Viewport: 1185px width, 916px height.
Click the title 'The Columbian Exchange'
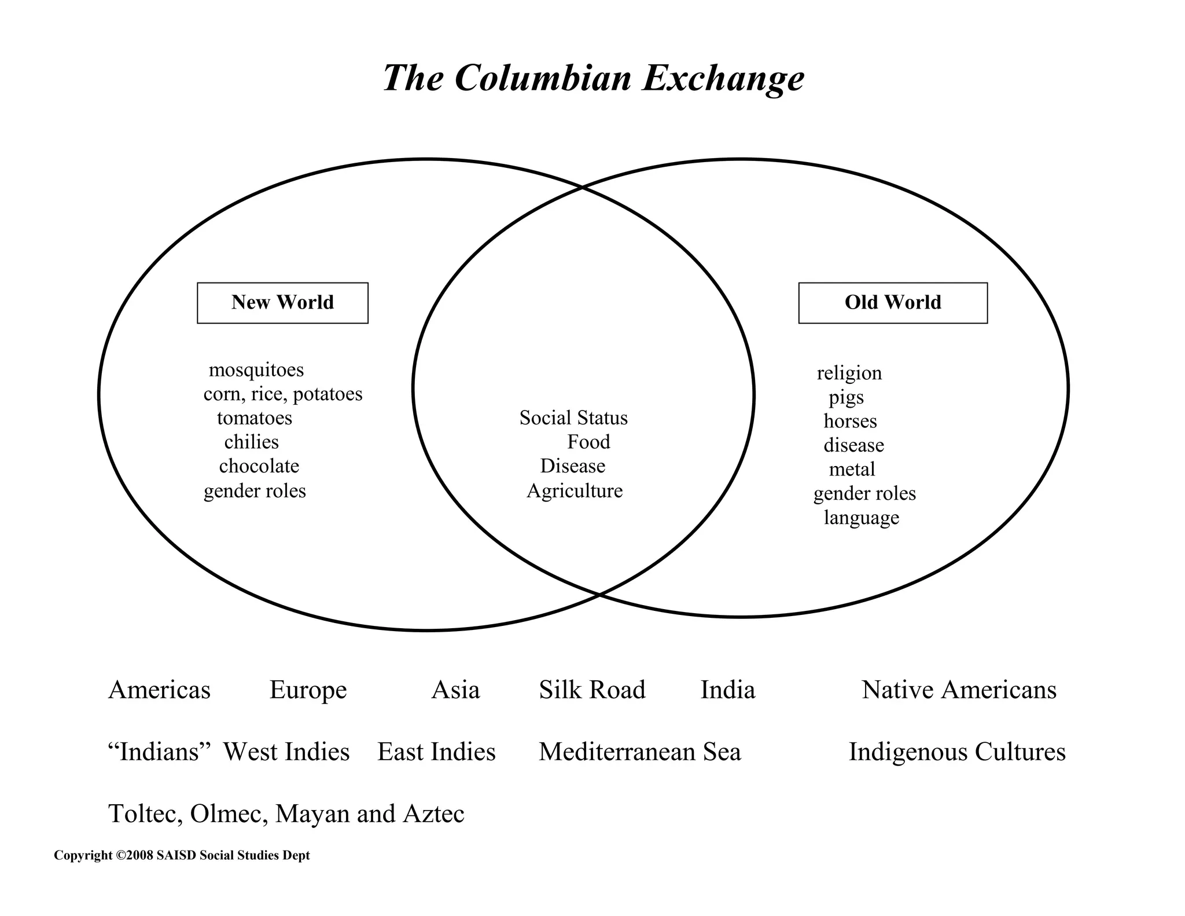pyautogui.click(x=593, y=78)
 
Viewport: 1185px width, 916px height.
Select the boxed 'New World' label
pyautogui.click(x=282, y=302)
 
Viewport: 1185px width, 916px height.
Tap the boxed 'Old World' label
pyautogui.click(x=892, y=302)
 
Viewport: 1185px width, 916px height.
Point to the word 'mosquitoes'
pyautogui.click(x=256, y=369)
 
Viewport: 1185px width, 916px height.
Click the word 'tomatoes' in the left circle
pyautogui.click(x=255, y=417)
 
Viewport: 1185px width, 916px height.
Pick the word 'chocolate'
pyautogui.click(x=259, y=466)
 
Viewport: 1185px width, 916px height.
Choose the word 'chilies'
pyautogui.click(x=251, y=442)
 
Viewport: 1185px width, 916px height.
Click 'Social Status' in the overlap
pyautogui.click(x=573, y=417)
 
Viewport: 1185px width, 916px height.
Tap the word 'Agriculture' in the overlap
pyautogui.click(x=574, y=490)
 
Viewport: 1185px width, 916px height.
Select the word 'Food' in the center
pyautogui.click(x=588, y=442)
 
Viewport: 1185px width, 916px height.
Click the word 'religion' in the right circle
pyautogui.click(x=849, y=373)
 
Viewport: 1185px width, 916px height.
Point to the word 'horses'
pyautogui.click(x=850, y=421)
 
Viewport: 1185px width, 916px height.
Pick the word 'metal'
pyautogui.click(x=852, y=469)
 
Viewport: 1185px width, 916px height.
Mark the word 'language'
pyautogui.click(x=861, y=517)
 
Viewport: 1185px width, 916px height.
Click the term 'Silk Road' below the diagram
pyautogui.click(x=592, y=690)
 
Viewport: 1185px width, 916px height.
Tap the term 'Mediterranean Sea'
pyautogui.click(x=639, y=752)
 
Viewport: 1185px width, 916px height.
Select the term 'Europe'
pyautogui.click(x=308, y=690)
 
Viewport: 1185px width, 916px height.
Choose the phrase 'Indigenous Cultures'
pyautogui.click(x=956, y=752)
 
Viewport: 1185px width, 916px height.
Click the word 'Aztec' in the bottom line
pyautogui.click(x=433, y=814)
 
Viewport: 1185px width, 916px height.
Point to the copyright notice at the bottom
pyautogui.click(x=182, y=855)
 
